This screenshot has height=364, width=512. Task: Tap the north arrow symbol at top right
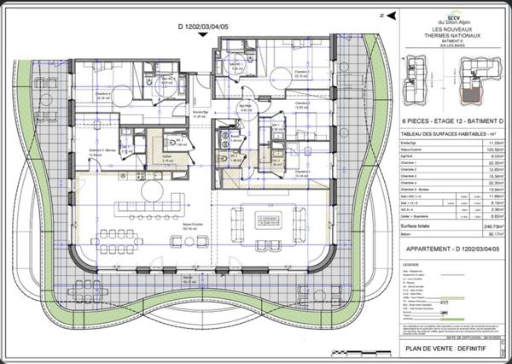point(391,14)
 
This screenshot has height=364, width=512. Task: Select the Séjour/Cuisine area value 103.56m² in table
point(482,150)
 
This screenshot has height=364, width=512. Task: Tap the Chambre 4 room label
point(106,96)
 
